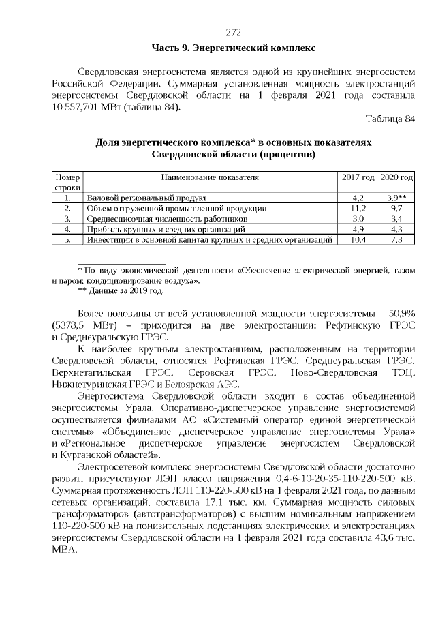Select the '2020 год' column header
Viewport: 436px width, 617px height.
pyautogui.click(x=397, y=177)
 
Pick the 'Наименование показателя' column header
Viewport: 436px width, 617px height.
pyautogui.click(x=211, y=177)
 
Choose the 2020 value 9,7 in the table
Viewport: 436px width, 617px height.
pyautogui.click(x=397, y=207)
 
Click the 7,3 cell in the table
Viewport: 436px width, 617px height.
pyautogui.click(x=397, y=240)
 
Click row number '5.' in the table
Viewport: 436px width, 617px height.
pyautogui.click(x=68, y=240)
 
